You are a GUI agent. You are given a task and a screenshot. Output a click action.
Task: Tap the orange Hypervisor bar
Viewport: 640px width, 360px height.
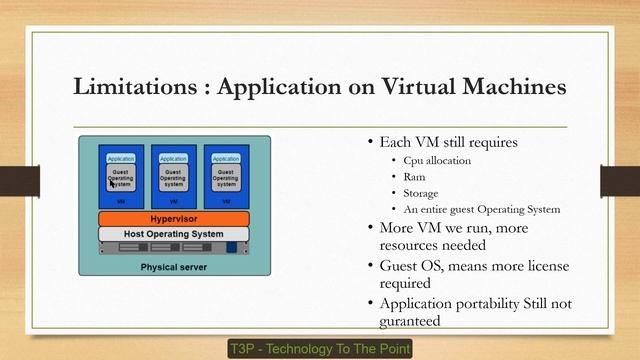click(173, 218)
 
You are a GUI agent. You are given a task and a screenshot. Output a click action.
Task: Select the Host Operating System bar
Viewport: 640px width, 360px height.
click(173, 233)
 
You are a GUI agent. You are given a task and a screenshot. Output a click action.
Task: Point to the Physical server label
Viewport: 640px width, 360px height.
click(173, 268)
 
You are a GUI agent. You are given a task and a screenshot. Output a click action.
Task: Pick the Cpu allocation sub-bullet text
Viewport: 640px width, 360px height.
click(437, 160)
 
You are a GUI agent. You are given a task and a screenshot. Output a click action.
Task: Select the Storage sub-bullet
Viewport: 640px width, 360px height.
click(421, 193)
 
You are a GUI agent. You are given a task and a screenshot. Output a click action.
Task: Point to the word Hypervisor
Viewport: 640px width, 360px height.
click(173, 218)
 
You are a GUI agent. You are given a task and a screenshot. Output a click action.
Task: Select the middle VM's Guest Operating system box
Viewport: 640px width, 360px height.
click(173, 179)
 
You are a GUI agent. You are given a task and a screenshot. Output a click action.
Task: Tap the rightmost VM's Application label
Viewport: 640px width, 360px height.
click(226, 158)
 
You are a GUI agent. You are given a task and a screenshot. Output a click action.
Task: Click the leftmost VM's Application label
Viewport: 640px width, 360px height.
click(121, 158)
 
